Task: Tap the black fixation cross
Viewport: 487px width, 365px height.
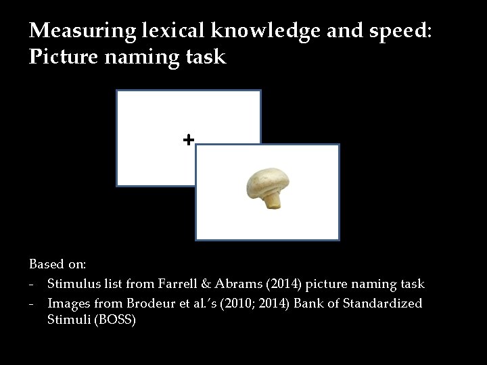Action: coord(188,139)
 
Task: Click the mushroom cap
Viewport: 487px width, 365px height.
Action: coord(268,180)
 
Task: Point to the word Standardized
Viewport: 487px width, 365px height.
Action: coord(384,303)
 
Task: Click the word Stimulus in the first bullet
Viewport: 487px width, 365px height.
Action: coord(72,284)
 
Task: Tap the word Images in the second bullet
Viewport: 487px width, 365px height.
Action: coord(68,303)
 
